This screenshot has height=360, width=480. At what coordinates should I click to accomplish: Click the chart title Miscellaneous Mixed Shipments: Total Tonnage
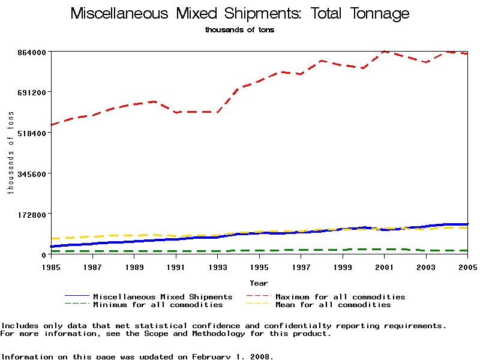(x=240, y=14)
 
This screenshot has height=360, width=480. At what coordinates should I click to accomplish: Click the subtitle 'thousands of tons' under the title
(x=240, y=29)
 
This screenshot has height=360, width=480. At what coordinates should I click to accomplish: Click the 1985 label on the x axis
(x=51, y=267)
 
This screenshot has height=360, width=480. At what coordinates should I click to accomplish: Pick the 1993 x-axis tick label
(x=217, y=267)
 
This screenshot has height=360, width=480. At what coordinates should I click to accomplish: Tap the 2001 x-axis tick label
(x=384, y=267)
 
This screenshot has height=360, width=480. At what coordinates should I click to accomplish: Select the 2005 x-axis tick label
(x=467, y=267)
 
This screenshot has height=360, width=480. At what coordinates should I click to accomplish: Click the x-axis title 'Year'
(x=259, y=283)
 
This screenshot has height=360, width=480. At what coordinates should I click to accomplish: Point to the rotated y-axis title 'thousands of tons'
(x=10, y=153)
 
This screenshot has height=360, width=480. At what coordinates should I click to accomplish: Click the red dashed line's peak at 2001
(x=385, y=52)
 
